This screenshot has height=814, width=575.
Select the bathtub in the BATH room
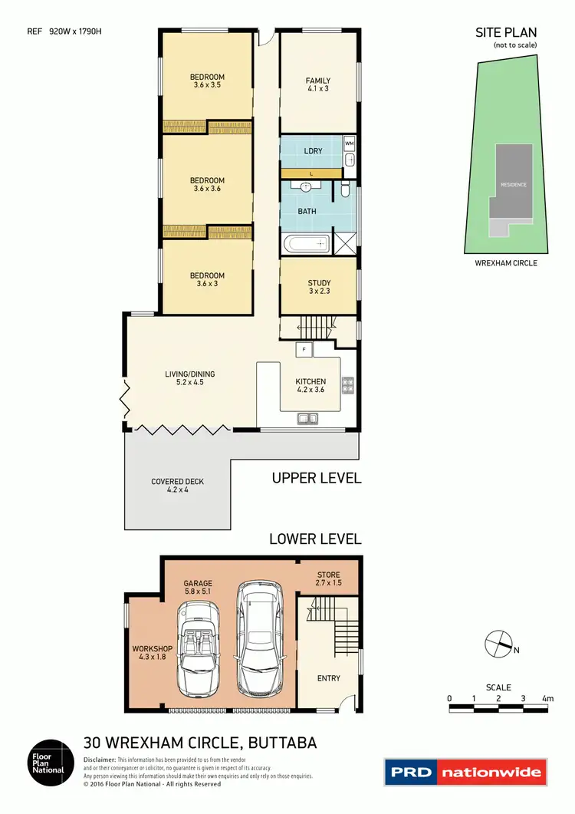click(306, 245)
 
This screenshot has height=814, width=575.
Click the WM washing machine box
click(349, 143)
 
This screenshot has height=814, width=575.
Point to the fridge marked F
click(304, 350)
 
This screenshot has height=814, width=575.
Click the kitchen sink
click(310, 417)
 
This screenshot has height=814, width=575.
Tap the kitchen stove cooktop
click(347, 385)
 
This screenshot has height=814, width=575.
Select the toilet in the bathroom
click(346, 188)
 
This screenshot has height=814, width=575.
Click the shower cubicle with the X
click(346, 245)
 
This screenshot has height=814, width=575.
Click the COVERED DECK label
click(177, 486)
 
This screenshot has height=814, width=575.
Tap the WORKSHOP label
click(149, 652)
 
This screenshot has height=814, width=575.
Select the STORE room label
click(327, 579)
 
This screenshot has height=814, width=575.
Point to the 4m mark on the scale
click(547, 698)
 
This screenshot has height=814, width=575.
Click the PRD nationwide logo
click(465, 773)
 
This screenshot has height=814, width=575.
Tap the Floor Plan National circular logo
click(51, 762)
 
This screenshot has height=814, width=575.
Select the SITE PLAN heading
click(505, 32)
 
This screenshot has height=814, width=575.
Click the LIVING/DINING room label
click(189, 378)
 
